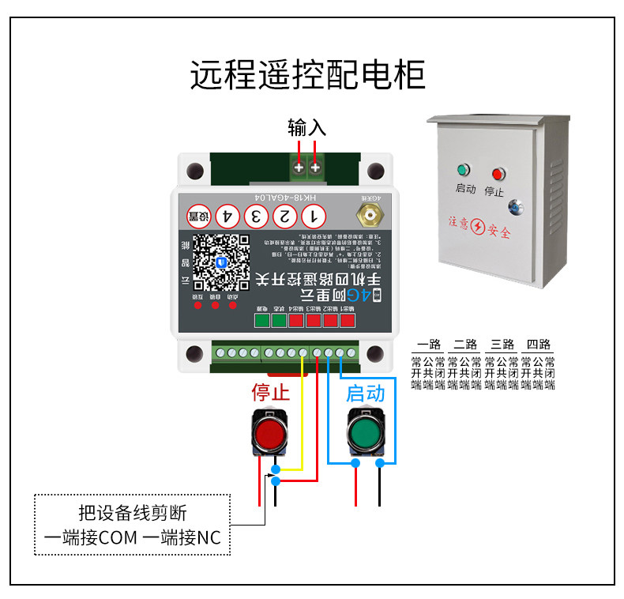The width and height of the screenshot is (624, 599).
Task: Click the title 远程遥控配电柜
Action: click(x=308, y=75)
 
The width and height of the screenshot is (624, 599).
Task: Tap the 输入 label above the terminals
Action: click(x=306, y=127)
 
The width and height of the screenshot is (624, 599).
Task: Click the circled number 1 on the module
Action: click(x=314, y=215)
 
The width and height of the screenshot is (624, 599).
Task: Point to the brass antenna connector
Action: click(x=368, y=213)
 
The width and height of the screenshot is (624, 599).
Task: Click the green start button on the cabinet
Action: click(x=463, y=170)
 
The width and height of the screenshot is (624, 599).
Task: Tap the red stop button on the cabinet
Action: click(x=498, y=173)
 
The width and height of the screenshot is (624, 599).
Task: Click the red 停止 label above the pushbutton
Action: click(x=271, y=392)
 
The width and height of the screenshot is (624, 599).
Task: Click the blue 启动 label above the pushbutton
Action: click(x=366, y=393)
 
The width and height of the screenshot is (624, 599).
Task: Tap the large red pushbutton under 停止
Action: click(x=270, y=432)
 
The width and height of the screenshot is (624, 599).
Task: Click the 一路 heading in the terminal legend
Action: click(x=428, y=345)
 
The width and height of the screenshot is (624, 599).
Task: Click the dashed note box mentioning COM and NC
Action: click(x=132, y=525)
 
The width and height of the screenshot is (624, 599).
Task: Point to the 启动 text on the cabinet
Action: click(x=465, y=190)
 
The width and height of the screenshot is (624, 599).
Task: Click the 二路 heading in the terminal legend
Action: click(x=465, y=345)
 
